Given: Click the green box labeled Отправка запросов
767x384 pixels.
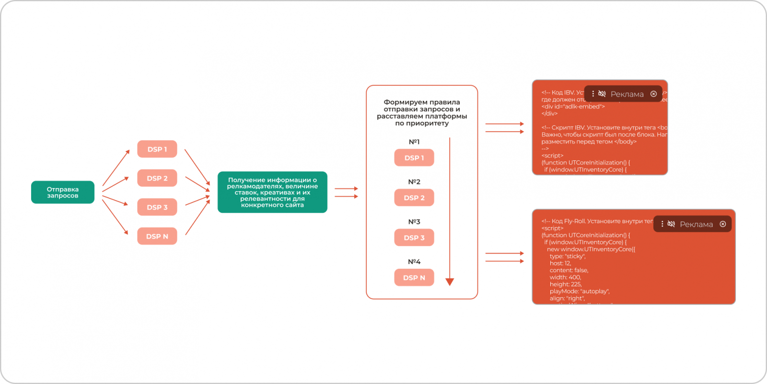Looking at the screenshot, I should [63, 192].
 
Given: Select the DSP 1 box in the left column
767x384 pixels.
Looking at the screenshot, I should [157, 149].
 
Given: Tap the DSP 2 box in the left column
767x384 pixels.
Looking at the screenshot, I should [157, 178].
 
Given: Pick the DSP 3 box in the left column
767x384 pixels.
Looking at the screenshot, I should [157, 207].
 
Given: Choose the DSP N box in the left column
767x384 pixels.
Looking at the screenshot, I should [157, 236].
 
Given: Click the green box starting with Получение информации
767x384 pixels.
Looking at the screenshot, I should [272, 192].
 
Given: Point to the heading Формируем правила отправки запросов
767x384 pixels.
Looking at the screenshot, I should [422, 113].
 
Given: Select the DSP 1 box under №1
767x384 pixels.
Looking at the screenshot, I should [414, 158].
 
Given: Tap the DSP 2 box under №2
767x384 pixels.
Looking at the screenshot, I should [414, 198].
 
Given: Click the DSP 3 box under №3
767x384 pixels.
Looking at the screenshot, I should [414, 238].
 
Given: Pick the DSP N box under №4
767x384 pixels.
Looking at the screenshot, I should [414, 277].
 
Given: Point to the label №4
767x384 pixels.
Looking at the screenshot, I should [414, 262].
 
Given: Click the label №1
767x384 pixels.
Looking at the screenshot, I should [414, 142].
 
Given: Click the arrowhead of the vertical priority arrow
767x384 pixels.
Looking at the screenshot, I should [450, 282].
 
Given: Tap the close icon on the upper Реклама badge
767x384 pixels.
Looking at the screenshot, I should [653, 94].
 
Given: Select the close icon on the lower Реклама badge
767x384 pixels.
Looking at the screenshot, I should [723, 224].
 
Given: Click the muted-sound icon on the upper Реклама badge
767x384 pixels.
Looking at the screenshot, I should [602, 94].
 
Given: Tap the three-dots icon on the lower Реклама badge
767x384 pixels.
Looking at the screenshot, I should [662, 224].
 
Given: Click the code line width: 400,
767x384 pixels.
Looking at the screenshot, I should [565, 277].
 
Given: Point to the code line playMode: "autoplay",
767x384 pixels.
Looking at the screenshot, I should [579, 291].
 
